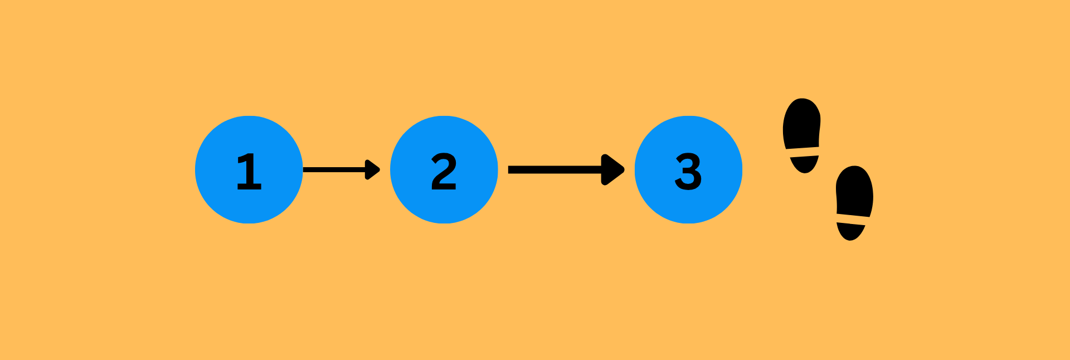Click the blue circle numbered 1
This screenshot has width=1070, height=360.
tap(249, 169)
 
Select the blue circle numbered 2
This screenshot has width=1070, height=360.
tap(444, 169)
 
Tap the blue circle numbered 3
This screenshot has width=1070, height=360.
tap(689, 169)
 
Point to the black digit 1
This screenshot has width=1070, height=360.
tap(249, 172)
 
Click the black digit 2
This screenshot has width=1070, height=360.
tap(444, 172)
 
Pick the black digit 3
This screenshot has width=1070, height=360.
tap(688, 172)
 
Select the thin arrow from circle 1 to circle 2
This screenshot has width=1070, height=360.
tap(342, 169)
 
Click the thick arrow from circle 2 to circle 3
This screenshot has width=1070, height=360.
tap(566, 169)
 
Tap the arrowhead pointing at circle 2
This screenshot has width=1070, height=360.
tap(372, 169)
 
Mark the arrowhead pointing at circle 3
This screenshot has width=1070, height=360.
tap(613, 169)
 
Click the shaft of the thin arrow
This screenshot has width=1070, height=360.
tap(334, 169)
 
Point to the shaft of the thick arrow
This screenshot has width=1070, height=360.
tap(555, 169)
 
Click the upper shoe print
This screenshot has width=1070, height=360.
tap(802, 135)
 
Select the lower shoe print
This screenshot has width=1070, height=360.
tap(854, 203)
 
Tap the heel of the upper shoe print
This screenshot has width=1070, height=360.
tap(804, 164)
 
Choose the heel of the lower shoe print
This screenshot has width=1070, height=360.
tap(850, 232)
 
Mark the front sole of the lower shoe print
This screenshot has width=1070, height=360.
tap(855, 191)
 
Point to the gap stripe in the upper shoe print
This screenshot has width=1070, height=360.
tap(803, 152)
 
